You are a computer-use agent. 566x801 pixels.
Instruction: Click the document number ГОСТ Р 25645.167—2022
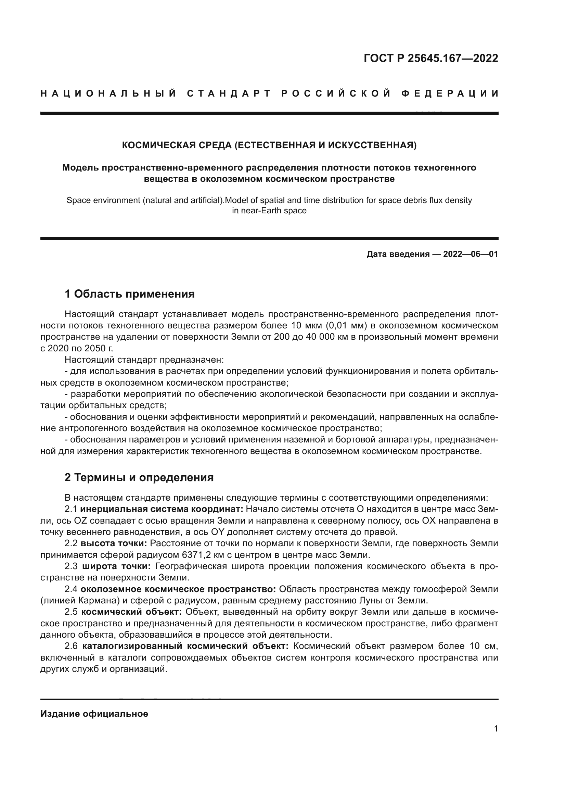pos(431,58)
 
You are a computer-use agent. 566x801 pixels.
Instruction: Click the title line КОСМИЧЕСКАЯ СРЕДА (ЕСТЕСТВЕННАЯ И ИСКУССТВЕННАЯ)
pos(269,145)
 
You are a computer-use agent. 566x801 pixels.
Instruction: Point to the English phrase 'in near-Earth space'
pos(269,211)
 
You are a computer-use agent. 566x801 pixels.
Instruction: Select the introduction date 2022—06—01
pos(470,254)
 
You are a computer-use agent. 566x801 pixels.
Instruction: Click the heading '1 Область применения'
pos(129,294)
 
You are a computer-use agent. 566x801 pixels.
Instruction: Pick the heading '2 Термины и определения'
pos(139,477)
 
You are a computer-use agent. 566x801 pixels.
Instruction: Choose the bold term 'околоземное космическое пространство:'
pos(178,589)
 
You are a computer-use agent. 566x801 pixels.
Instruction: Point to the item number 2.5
pos(71,612)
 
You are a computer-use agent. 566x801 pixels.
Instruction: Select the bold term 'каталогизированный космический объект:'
pos(185,646)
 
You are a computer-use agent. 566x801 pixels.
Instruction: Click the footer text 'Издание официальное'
pos(94,713)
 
